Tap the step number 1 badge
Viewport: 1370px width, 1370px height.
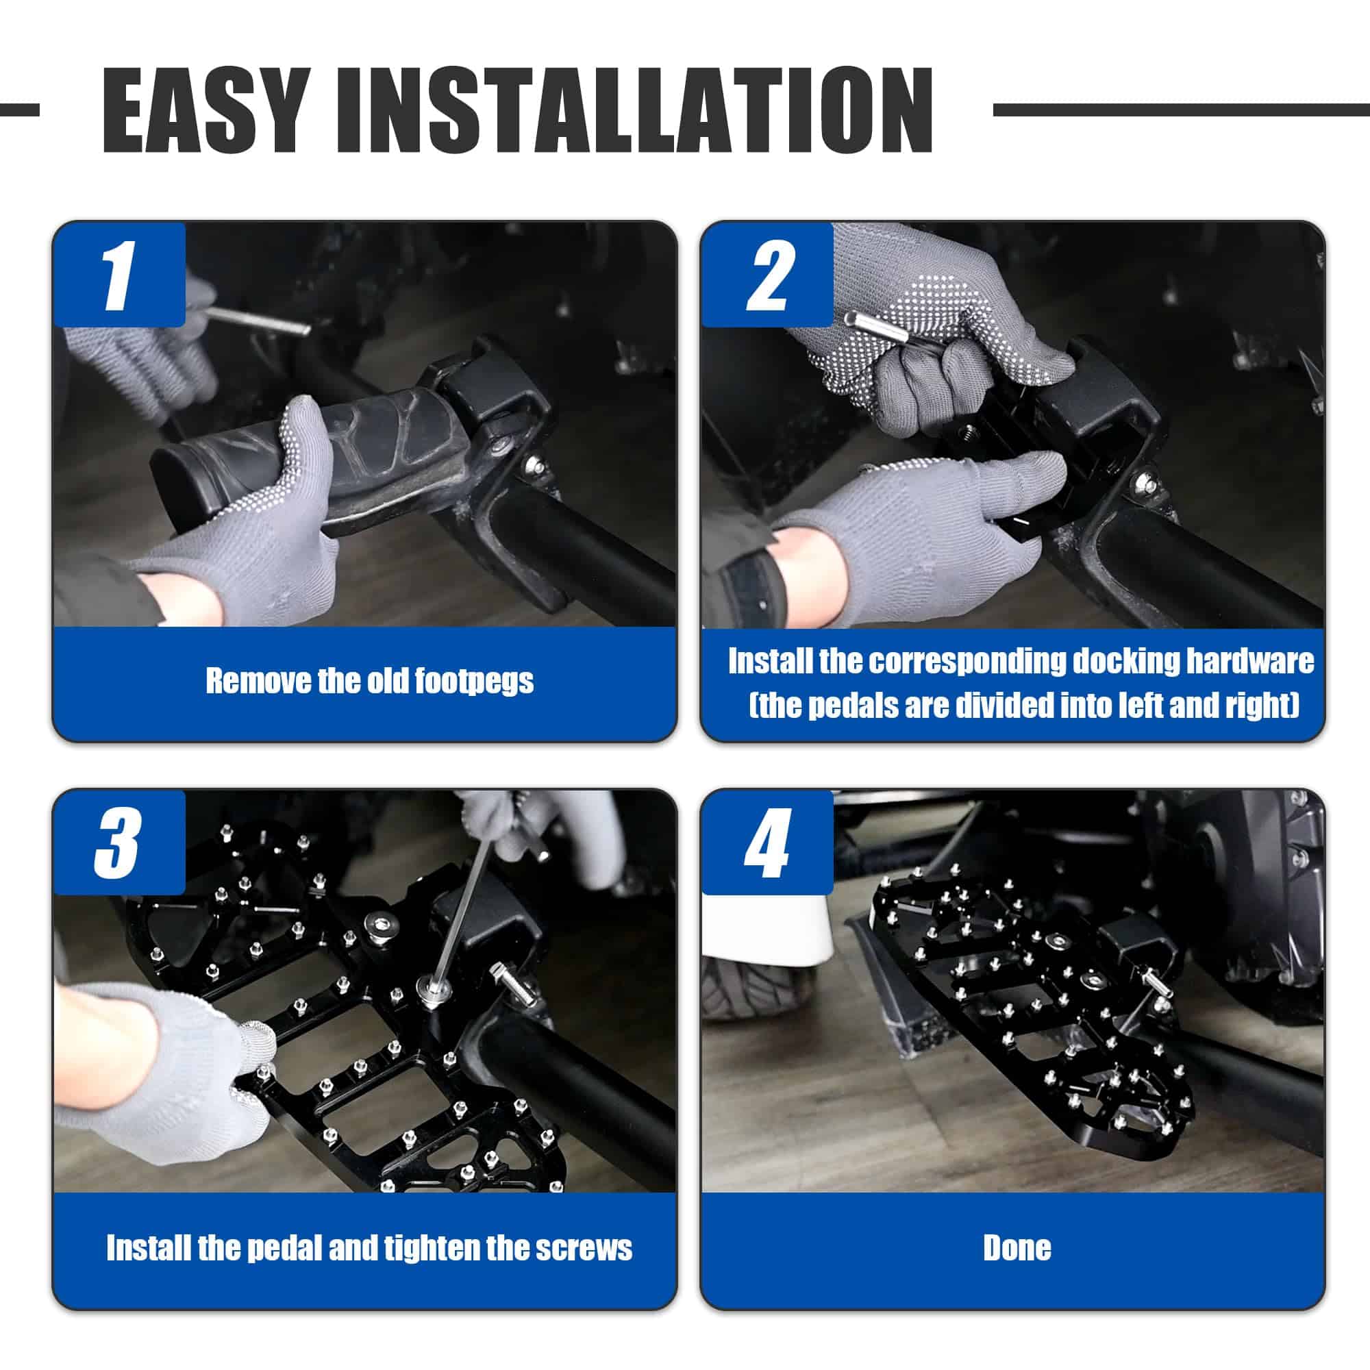click(119, 275)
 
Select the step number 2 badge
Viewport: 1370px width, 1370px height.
click(767, 275)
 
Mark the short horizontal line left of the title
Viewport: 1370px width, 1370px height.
click(19, 110)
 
